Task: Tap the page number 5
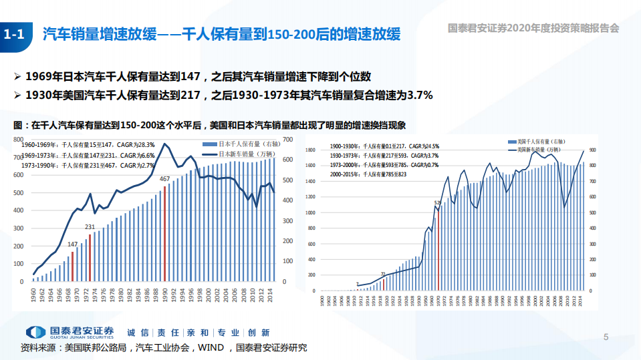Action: coord(606,337)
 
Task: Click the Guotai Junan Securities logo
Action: coord(70,332)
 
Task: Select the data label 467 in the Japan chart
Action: coord(164,179)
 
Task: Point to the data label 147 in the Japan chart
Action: coord(73,244)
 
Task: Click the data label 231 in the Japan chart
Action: coord(90,227)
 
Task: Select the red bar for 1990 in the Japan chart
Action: coord(164,233)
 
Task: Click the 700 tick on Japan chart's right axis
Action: coord(288,139)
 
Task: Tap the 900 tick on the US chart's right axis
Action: coord(592,150)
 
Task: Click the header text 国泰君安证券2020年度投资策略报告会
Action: coord(533,28)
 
